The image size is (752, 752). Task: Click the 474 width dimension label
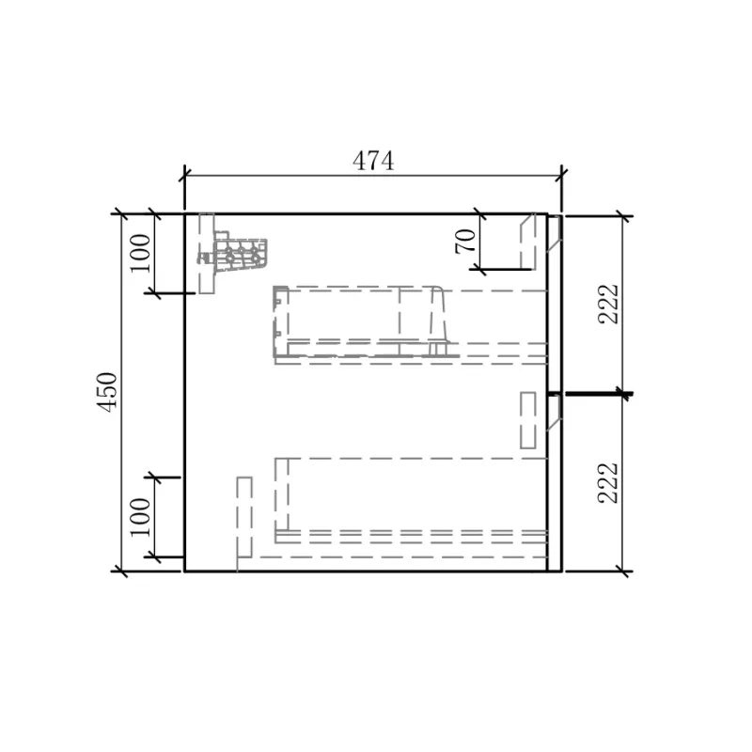373,161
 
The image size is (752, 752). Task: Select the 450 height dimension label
107,392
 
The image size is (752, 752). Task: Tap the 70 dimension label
465,241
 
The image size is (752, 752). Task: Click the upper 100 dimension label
140,253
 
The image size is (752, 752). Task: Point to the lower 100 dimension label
140,518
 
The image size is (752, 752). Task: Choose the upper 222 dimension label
608,304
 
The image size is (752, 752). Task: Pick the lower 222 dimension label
608,482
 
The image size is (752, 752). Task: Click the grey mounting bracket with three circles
240,254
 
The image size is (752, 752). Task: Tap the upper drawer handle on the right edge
554,233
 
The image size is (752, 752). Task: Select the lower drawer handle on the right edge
554,412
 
